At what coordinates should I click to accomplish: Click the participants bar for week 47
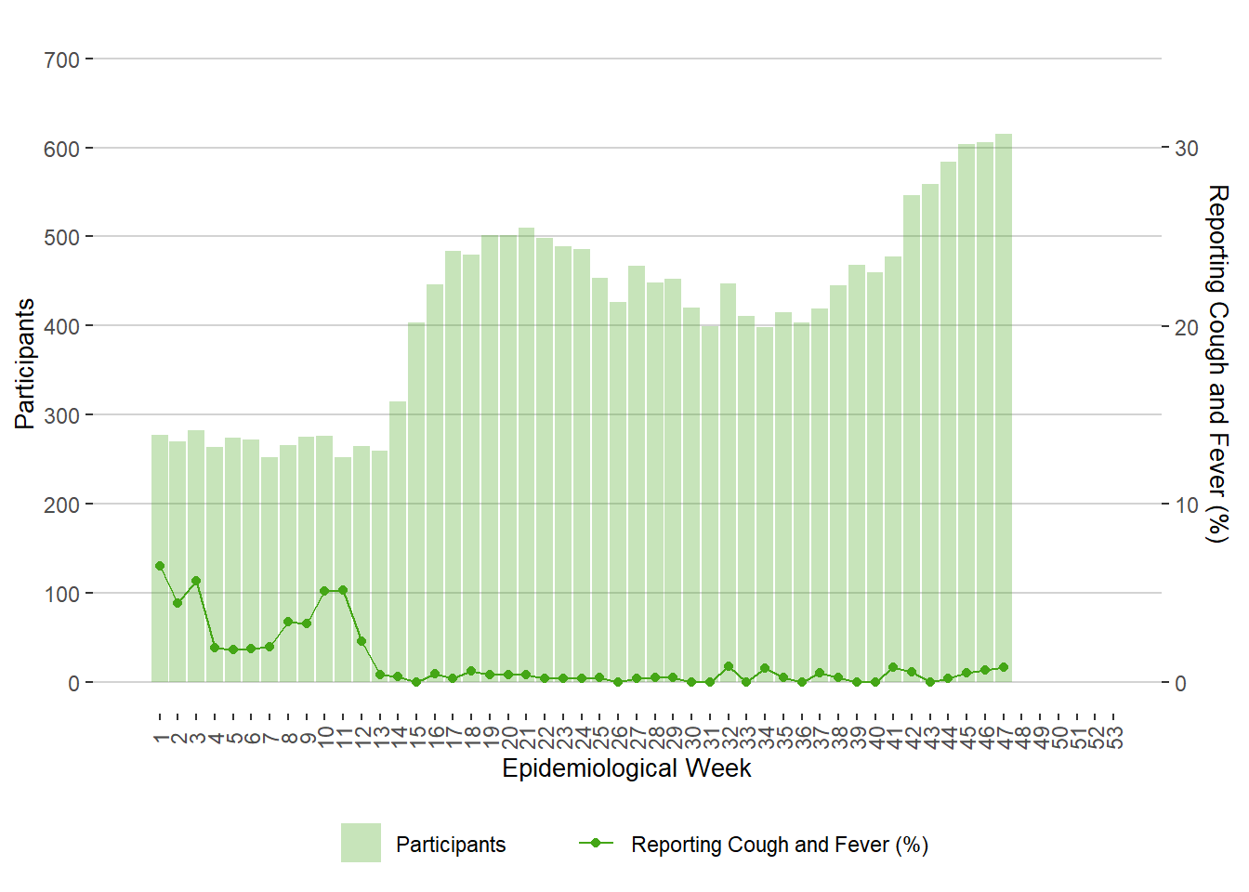pyautogui.click(x=1004, y=409)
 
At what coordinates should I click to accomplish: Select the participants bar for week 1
pyautogui.click(x=160, y=557)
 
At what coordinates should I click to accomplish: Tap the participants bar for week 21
pyautogui.click(x=527, y=455)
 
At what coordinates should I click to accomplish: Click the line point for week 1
pyautogui.click(x=160, y=566)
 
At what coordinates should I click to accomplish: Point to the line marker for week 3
pyautogui.click(x=196, y=582)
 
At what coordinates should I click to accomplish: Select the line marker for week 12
pyautogui.click(x=362, y=641)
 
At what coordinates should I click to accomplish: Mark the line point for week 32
pyautogui.click(x=729, y=667)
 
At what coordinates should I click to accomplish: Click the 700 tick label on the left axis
pyautogui.click(x=61, y=60)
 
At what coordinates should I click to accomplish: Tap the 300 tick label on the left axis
pyautogui.click(x=61, y=416)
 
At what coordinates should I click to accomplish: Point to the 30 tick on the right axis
pyautogui.click(x=1187, y=149)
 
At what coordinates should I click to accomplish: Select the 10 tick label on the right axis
pyautogui.click(x=1187, y=505)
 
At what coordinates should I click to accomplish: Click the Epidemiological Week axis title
pyautogui.click(x=626, y=768)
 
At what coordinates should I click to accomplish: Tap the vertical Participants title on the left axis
pyautogui.click(x=25, y=363)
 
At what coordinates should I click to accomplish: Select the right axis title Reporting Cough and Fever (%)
pyautogui.click(x=1217, y=363)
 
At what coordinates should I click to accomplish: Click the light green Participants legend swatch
pyautogui.click(x=361, y=843)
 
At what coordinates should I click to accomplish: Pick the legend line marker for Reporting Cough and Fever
pyautogui.click(x=596, y=843)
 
